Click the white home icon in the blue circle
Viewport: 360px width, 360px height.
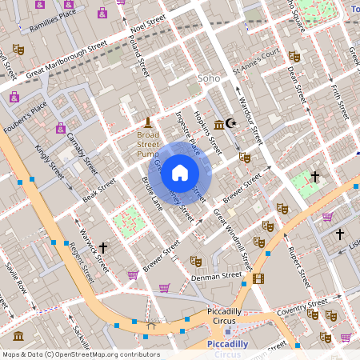pyautogui.click(x=180, y=172)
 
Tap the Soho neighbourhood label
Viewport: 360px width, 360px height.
pyautogui.click(x=208, y=78)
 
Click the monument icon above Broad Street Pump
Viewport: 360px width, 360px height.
pyautogui.click(x=147, y=122)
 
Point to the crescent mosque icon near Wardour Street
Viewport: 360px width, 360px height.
pyautogui.click(x=232, y=123)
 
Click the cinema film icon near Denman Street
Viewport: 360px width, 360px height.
pyautogui.click(x=258, y=278)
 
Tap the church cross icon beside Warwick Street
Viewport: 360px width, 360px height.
pyautogui.click(x=103, y=249)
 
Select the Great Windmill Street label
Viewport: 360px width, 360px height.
pyautogui.click(x=232, y=237)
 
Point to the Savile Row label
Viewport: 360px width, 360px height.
pyautogui.click(x=16, y=275)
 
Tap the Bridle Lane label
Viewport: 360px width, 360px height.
pyautogui.click(x=152, y=194)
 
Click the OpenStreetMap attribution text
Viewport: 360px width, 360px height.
pyautogui.click(x=80, y=354)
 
